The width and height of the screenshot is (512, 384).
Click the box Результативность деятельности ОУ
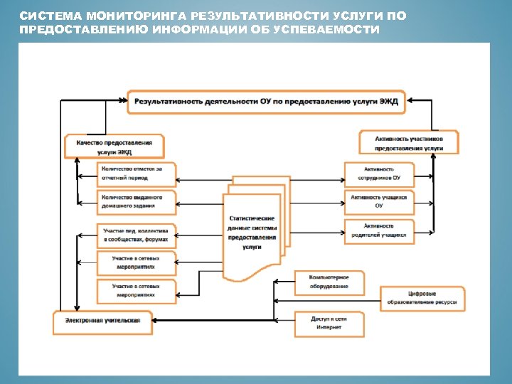(x=267, y=102)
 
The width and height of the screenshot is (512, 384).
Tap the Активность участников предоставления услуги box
(x=408, y=142)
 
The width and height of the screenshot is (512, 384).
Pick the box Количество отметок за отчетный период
(x=136, y=173)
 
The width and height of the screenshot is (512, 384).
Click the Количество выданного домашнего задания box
(x=136, y=201)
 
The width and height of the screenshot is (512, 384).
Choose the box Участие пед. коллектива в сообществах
(x=136, y=235)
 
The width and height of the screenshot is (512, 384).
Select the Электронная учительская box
(x=102, y=321)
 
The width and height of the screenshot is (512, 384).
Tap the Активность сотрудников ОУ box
(x=378, y=173)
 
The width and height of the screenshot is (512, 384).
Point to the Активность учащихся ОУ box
(x=378, y=201)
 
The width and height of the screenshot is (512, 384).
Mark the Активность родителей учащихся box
(x=378, y=230)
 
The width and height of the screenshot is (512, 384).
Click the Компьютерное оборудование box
(x=329, y=282)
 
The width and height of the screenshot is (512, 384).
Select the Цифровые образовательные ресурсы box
(x=422, y=298)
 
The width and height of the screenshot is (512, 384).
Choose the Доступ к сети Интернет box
(x=329, y=324)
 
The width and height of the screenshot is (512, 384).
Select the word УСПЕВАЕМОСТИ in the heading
(x=338, y=28)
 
